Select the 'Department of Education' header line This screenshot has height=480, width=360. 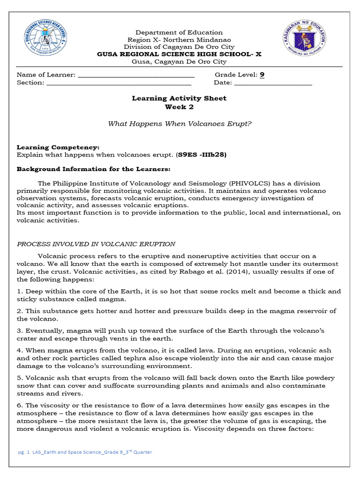pyautogui.click(x=179, y=32)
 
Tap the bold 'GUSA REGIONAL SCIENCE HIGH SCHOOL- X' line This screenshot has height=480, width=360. pyautogui.click(x=179, y=54)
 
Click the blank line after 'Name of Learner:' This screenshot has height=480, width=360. pyautogui.click(x=136, y=75)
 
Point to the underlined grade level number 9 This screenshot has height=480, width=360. pyautogui.click(x=262, y=75)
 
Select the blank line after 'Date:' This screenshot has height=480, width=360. pyautogui.click(x=273, y=83)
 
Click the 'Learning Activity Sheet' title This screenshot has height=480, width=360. pyautogui.click(x=179, y=98)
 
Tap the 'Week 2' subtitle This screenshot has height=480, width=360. pyautogui.click(x=179, y=107)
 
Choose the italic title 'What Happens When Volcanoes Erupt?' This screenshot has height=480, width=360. pyautogui.click(x=180, y=124)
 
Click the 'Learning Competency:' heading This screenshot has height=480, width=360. pyautogui.click(x=58, y=147)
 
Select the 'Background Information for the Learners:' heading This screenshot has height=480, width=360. pyautogui.click(x=94, y=169)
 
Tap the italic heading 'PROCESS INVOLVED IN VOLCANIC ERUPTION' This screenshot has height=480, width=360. pyautogui.click(x=96, y=244)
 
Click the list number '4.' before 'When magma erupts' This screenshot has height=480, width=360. pyautogui.click(x=20, y=350)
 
